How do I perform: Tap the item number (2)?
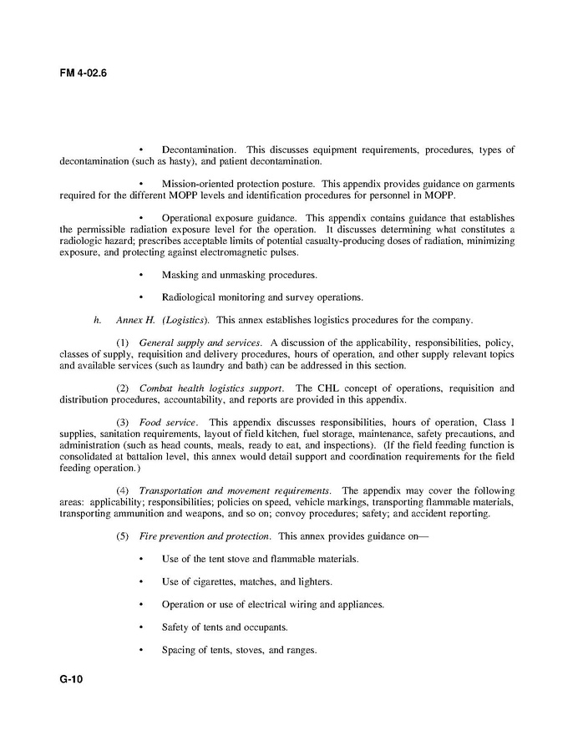coord(123,388)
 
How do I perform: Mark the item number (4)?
coord(123,490)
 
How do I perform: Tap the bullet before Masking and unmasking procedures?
coord(141,274)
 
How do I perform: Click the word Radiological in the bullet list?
coord(190,297)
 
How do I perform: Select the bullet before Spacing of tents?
coord(141,650)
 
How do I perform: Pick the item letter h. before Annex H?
coord(99,319)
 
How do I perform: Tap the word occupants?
coord(266,627)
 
